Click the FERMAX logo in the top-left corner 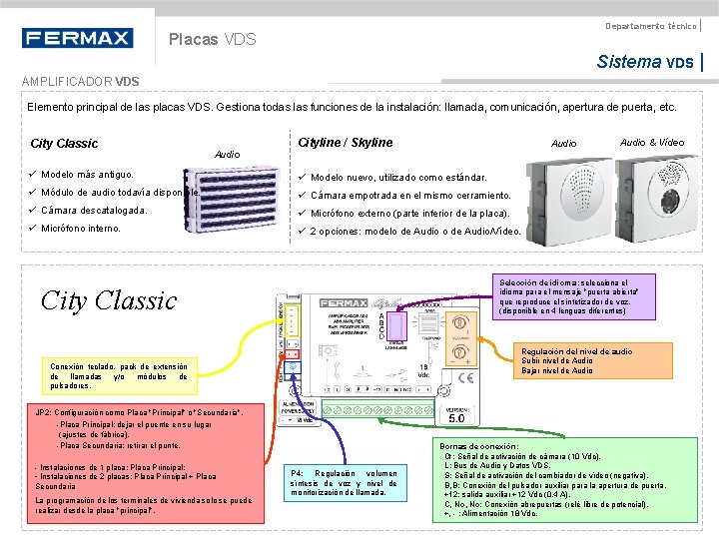(x=77, y=38)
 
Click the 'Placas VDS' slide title (x=212, y=40)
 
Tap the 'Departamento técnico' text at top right (x=651, y=25)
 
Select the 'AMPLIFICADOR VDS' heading (x=81, y=81)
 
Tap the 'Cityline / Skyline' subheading (x=346, y=143)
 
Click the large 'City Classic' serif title (x=108, y=300)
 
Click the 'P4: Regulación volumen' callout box (x=345, y=483)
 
